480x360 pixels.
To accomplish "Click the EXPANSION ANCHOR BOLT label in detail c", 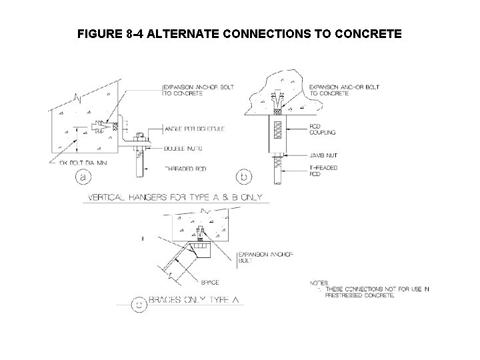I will point(255,258).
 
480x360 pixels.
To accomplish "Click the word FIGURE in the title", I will point(99,33).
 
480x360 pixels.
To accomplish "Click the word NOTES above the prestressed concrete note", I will point(319,282).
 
